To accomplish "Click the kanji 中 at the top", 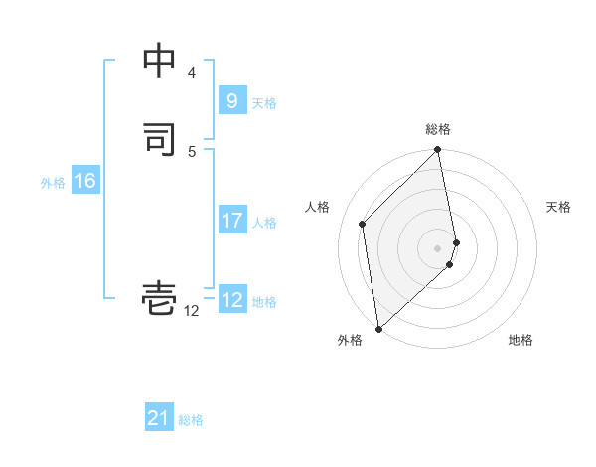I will [160, 62].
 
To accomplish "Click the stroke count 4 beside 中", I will [192, 73].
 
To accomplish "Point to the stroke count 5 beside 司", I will [192, 151].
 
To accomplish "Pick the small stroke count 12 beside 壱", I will [191, 311].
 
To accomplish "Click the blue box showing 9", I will [231, 100].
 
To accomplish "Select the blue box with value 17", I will [231, 221].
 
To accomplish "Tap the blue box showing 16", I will [84, 181].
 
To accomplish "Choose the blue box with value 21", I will [159, 418].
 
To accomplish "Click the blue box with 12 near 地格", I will [231, 300].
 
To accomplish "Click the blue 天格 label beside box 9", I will [264, 102].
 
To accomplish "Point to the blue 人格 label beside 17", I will [264, 223].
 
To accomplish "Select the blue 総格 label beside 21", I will [191, 420].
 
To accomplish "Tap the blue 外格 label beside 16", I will [53, 183].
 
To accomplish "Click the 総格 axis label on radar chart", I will [438, 129].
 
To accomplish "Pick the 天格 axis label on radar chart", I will [558, 207].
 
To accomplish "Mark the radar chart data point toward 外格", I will [377, 328].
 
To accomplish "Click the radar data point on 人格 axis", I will [363, 224].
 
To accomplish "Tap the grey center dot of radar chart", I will [438, 247].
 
